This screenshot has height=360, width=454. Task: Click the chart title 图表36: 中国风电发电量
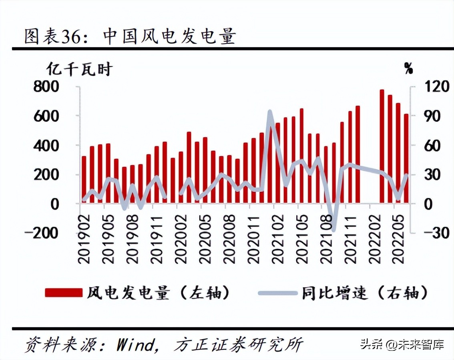coord(130,36)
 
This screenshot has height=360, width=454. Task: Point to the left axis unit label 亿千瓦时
coord(79,69)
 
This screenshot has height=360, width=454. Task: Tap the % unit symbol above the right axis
coord(408,69)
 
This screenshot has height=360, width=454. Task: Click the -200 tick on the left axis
coord(41,233)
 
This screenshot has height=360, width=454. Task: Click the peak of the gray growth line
coord(270,112)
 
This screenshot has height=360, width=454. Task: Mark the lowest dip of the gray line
coord(333,230)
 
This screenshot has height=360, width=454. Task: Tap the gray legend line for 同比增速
coord(277,293)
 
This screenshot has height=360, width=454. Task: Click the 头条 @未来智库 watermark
coord(402,344)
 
